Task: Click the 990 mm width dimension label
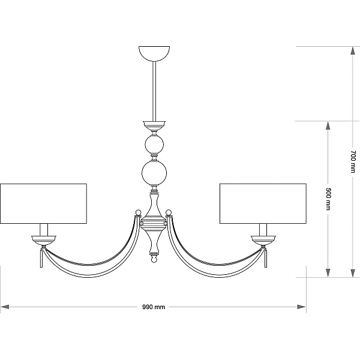(154, 307)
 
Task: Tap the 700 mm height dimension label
(353, 161)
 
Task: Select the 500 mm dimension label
(328, 199)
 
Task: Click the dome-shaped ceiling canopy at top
(154, 53)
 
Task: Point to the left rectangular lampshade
(43, 203)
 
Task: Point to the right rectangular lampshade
(263, 203)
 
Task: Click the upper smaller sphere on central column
(154, 145)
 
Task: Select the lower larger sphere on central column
(154, 173)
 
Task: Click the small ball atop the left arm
(138, 212)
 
